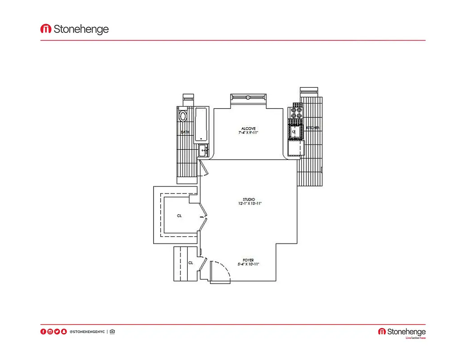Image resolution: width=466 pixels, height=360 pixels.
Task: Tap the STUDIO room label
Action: point(249,199)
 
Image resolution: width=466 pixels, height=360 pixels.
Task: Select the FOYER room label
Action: point(248,260)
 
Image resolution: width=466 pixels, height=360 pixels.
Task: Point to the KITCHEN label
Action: point(313,128)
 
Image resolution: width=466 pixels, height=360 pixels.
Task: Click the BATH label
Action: point(185,132)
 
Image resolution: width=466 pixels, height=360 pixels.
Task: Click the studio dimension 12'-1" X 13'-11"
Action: point(249,204)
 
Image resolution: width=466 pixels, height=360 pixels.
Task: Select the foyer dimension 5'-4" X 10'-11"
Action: point(248,265)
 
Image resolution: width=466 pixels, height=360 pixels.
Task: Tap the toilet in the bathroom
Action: point(183,115)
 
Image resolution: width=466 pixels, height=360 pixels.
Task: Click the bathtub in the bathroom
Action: point(201,124)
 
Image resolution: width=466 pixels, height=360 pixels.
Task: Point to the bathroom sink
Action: point(202,151)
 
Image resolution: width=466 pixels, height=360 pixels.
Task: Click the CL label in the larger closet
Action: point(179,216)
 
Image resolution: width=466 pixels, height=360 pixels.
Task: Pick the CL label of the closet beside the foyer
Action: point(191,263)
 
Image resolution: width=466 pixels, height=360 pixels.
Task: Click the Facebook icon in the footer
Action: point(43,332)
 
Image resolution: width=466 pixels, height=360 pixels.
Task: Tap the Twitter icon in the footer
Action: point(57,332)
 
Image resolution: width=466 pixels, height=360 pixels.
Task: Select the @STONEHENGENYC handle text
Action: point(87,332)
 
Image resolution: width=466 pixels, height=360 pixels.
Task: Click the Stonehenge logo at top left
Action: point(75,29)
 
